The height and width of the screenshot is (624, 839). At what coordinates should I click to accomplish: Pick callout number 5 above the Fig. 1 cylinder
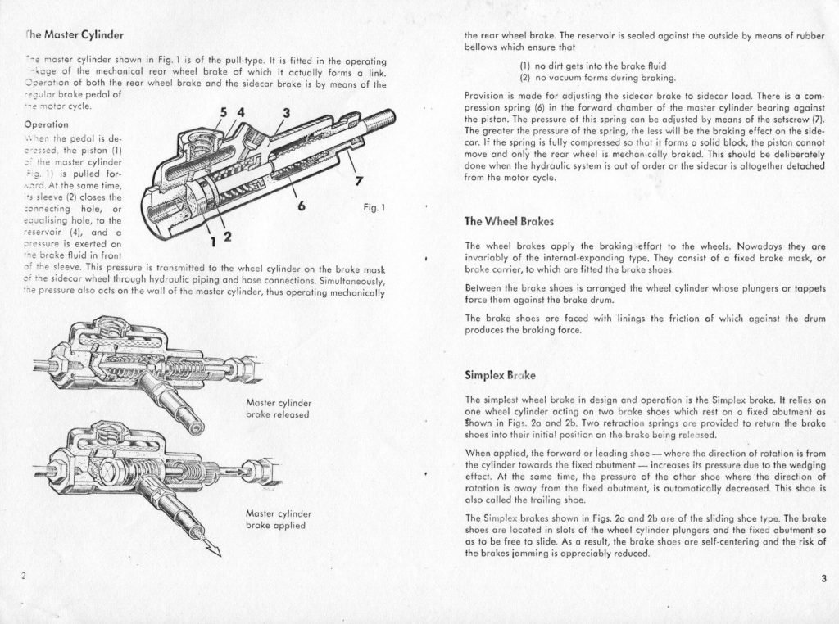pos(224,112)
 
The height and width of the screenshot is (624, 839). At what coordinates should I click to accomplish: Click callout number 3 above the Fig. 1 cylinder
pos(287,112)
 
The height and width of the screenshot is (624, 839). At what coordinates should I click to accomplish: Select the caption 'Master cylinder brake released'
pos(276,408)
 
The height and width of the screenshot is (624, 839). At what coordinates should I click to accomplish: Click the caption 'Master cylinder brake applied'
pos(276,519)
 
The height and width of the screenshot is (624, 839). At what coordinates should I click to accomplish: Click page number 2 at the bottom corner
pos(24,576)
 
